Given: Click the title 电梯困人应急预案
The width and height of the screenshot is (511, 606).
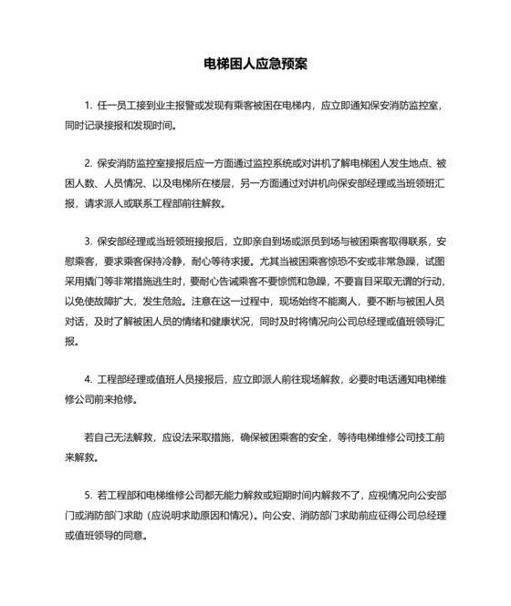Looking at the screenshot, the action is (255, 66).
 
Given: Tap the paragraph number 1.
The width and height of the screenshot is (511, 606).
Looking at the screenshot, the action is (88, 106).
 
